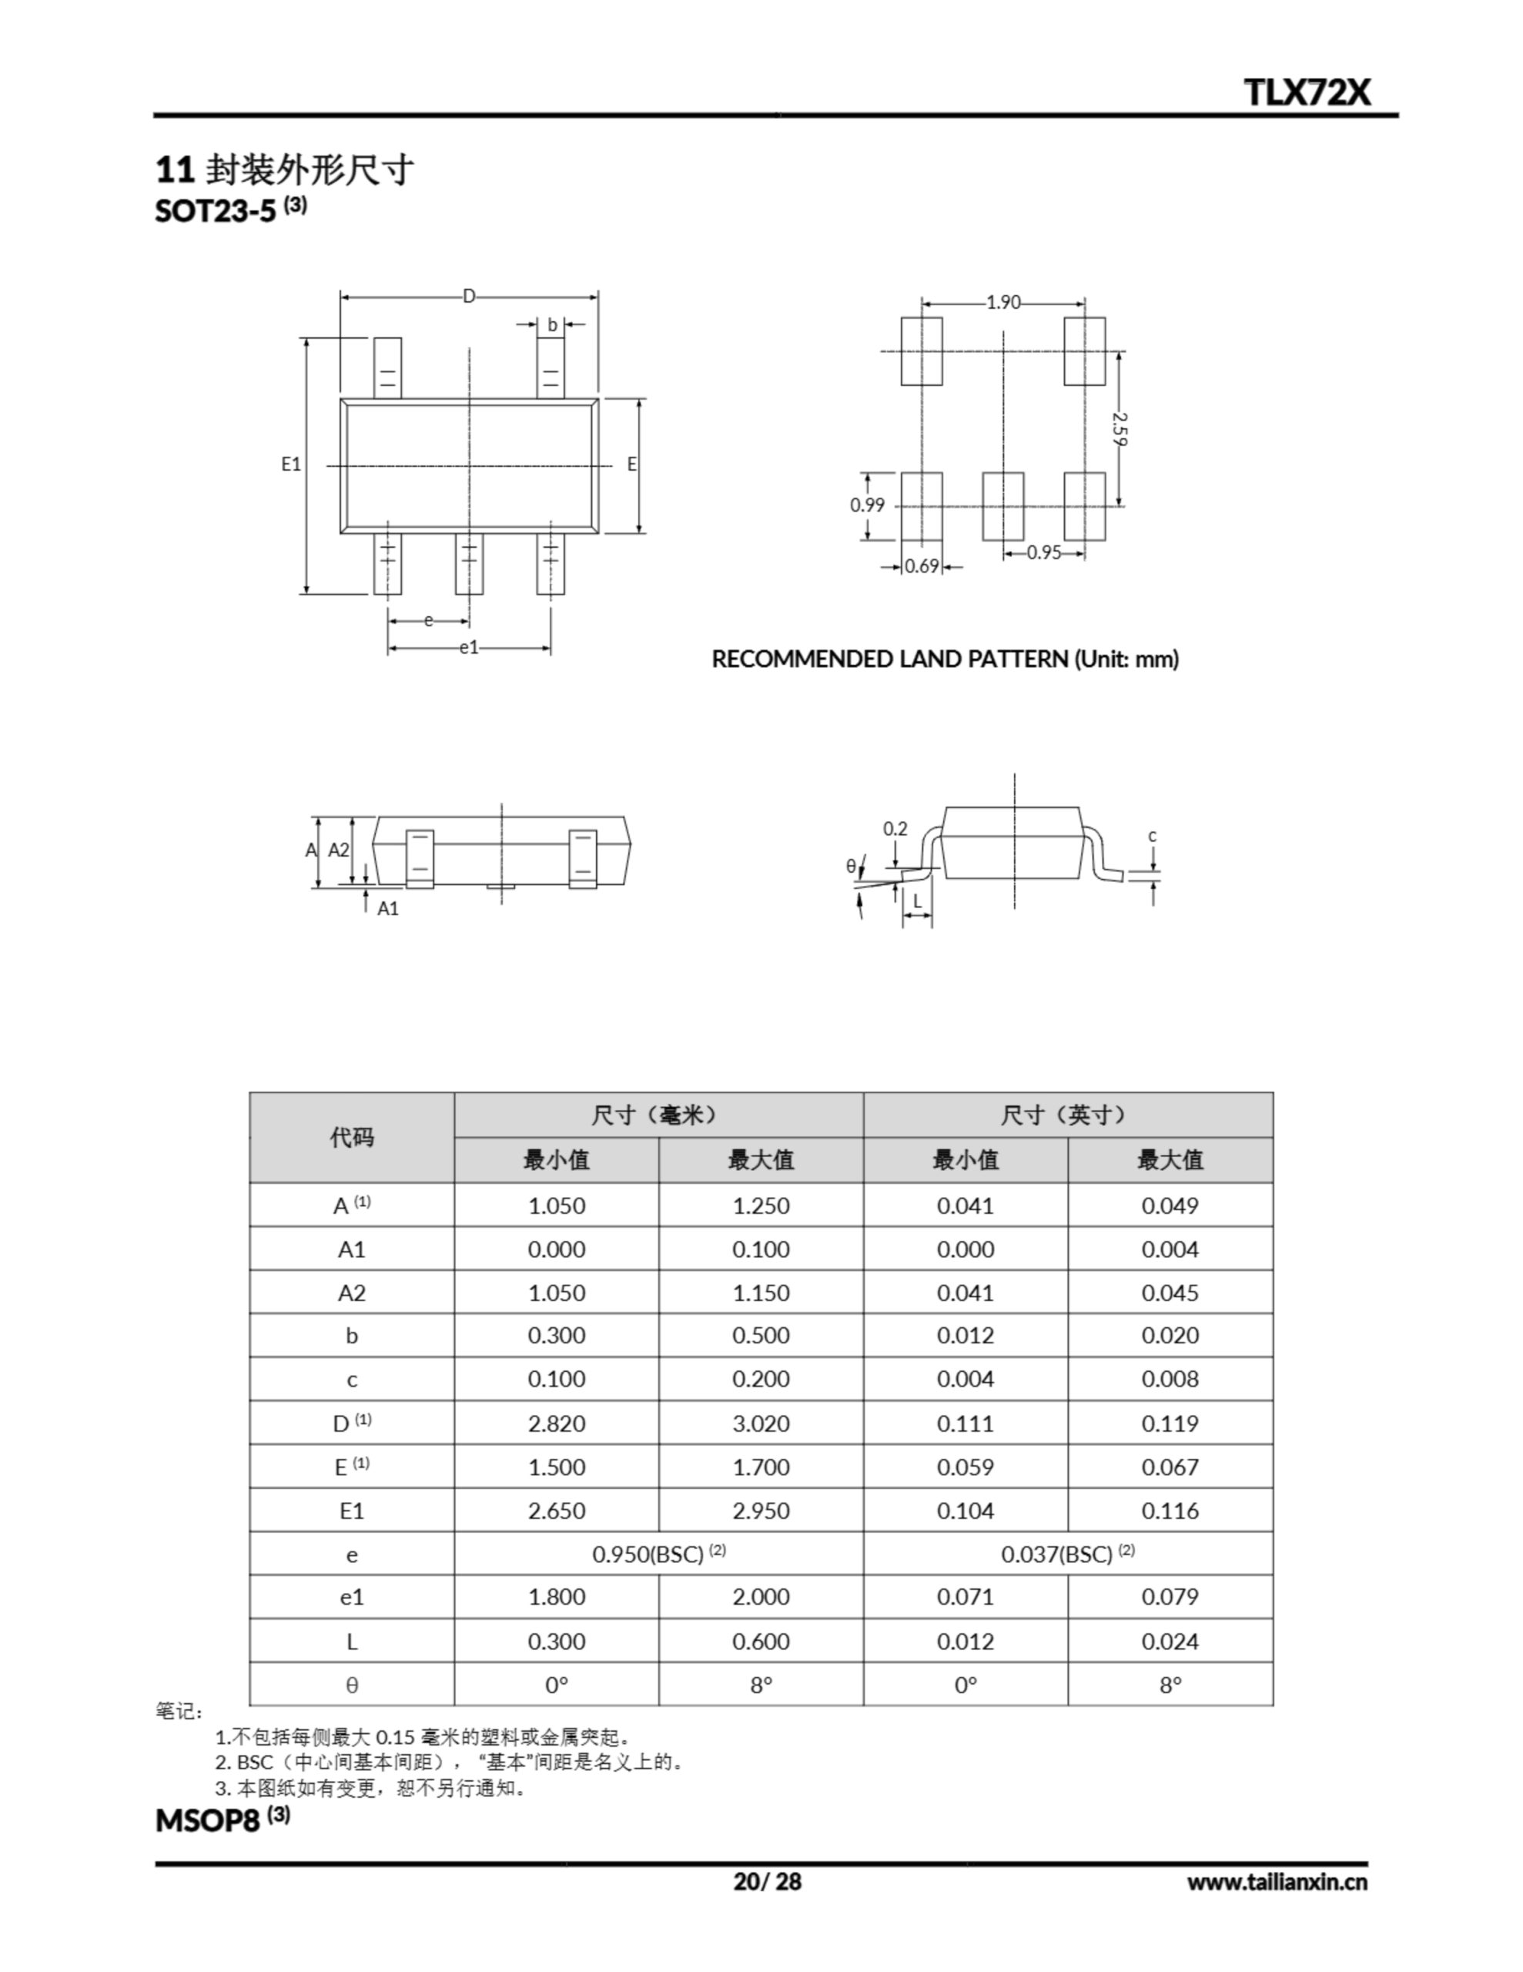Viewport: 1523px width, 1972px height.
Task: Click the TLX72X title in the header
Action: (x=1307, y=92)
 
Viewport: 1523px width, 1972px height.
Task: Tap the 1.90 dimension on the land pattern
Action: (x=1003, y=302)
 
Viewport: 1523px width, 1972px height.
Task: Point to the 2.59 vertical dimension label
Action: (x=1120, y=429)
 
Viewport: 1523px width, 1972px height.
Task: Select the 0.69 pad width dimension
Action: (x=921, y=566)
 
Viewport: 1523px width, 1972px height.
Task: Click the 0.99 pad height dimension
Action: (x=867, y=505)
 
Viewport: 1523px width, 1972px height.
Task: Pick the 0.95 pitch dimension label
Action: (x=1043, y=552)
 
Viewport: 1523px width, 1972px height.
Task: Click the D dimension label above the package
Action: (x=469, y=296)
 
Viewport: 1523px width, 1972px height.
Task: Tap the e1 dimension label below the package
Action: (x=469, y=646)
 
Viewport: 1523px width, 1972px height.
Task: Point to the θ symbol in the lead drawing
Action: (x=850, y=866)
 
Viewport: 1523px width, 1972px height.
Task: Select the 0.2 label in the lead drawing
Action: (x=895, y=828)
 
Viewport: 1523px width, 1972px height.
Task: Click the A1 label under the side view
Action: (x=387, y=908)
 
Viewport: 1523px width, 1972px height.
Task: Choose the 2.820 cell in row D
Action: (x=556, y=1423)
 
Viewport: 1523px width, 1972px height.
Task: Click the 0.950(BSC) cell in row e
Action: (x=658, y=1554)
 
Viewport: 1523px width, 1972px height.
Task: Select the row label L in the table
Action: (x=351, y=1642)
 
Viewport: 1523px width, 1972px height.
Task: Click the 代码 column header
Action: (x=351, y=1137)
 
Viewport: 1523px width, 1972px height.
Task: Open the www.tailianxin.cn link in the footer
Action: (x=1276, y=1882)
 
